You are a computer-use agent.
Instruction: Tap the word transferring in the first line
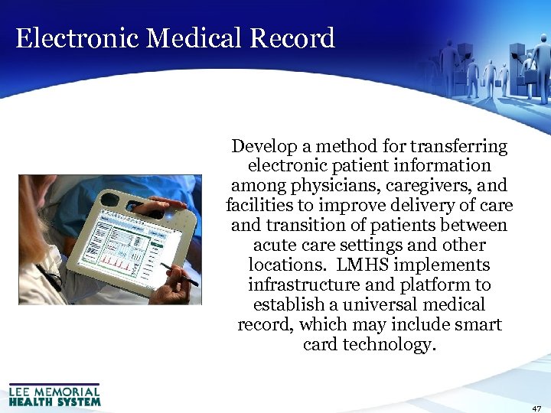tap(458, 146)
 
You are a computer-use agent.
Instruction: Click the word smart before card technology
tap(478, 325)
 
